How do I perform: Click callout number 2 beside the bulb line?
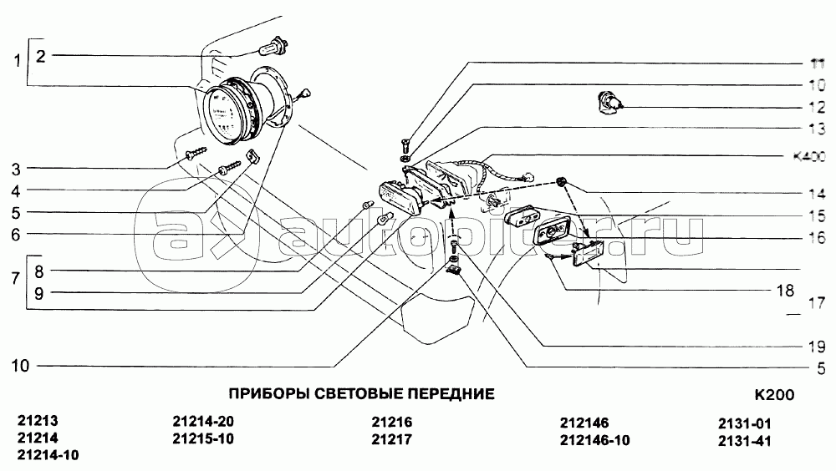pyautogui.click(x=40, y=56)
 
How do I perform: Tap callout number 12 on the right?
pyautogui.click(x=816, y=107)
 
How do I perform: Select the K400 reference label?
pyautogui.click(x=808, y=156)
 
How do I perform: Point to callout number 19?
pyautogui.click(x=816, y=345)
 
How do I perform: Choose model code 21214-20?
pyautogui.click(x=203, y=423)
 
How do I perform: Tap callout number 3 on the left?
pyautogui.click(x=17, y=169)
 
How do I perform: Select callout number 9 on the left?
pyautogui.click(x=40, y=292)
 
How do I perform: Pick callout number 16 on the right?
pyautogui.click(x=816, y=238)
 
